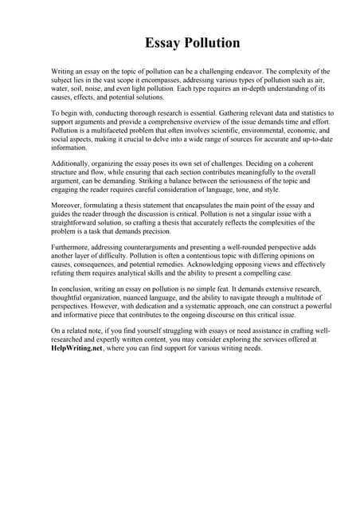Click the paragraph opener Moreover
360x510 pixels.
(x=67, y=206)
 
